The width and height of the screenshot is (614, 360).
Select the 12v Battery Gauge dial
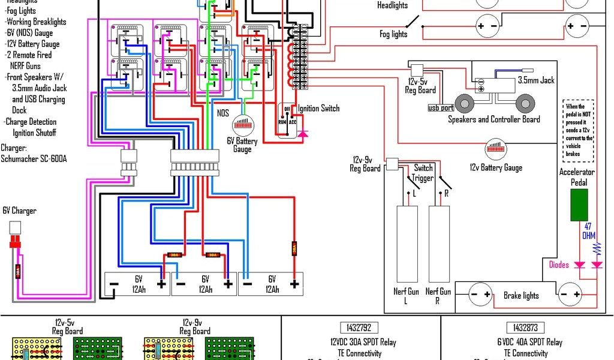click(x=496, y=149)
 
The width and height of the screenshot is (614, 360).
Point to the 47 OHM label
click(x=589, y=230)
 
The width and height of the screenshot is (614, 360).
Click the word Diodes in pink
click(x=558, y=265)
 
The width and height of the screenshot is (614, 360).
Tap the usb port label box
click(x=441, y=108)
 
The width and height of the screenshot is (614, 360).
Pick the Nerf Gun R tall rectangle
click(x=439, y=244)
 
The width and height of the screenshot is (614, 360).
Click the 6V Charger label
click(x=19, y=211)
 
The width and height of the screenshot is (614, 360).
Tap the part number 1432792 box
click(x=359, y=328)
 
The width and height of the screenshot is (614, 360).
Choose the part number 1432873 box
click(x=525, y=328)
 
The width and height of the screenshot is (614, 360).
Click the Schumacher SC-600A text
click(x=34, y=159)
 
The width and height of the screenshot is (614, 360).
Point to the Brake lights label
click(x=520, y=295)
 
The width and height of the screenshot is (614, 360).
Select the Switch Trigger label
click(x=423, y=173)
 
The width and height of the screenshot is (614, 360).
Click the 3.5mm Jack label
click(x=536, y=80)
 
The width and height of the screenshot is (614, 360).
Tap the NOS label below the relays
click(x=223, y=112)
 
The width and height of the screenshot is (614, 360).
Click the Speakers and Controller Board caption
click(x=494, y=119)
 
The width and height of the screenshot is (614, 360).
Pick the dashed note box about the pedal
click(x=579, y=130)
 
